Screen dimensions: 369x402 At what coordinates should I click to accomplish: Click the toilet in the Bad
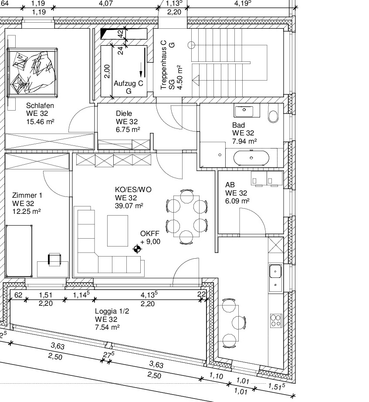coord(273,114)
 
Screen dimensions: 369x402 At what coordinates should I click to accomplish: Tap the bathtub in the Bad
coord(251,158)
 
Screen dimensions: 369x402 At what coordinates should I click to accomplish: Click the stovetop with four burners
coord(276,321)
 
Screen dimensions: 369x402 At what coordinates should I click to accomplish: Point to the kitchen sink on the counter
coord(275,271)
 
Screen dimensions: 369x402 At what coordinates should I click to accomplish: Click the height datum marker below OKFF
coord(137,249)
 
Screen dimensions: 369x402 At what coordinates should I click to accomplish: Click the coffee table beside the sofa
coord(118,231)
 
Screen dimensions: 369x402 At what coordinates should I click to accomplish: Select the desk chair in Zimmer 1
coord(54,259)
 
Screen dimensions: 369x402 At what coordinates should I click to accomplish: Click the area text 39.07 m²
coord(129,206)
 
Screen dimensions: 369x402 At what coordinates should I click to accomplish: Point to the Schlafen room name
coord(40,106)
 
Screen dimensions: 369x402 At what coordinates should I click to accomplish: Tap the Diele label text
coord(124,113)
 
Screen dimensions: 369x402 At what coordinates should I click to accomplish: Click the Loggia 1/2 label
coord(112,311)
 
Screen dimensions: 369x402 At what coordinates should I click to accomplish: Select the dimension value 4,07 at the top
coord(106,3)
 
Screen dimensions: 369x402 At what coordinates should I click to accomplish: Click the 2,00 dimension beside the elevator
coord(107,71)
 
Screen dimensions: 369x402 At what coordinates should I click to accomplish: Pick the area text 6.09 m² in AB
coord(237,201)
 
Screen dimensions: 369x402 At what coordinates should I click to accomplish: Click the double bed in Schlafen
coord(32,72)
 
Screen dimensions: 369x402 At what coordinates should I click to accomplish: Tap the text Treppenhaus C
coord(163,65)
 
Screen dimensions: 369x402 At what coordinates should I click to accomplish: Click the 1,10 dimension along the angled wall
coord(216,376)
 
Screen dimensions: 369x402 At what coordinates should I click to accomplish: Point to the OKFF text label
coord(150,233)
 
